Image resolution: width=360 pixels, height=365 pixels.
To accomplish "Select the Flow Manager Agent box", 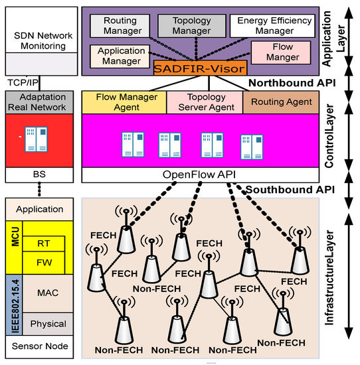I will point(124,102).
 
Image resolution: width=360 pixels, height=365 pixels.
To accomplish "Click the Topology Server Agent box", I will point(204,102).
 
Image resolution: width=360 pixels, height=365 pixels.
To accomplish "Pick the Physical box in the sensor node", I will point(48,324).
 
